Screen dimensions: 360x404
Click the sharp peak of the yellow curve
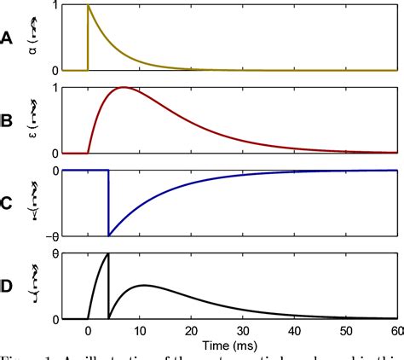pos(89,6)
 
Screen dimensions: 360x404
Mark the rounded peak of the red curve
pos(124,88)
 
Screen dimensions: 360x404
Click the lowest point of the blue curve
pos(108,235)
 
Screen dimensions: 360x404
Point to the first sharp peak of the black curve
pos(107,254)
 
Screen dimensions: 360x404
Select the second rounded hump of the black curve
pos(142,285)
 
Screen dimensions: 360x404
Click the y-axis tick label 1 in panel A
pos(56,6)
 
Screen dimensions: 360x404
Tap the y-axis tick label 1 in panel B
pos(56,88)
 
